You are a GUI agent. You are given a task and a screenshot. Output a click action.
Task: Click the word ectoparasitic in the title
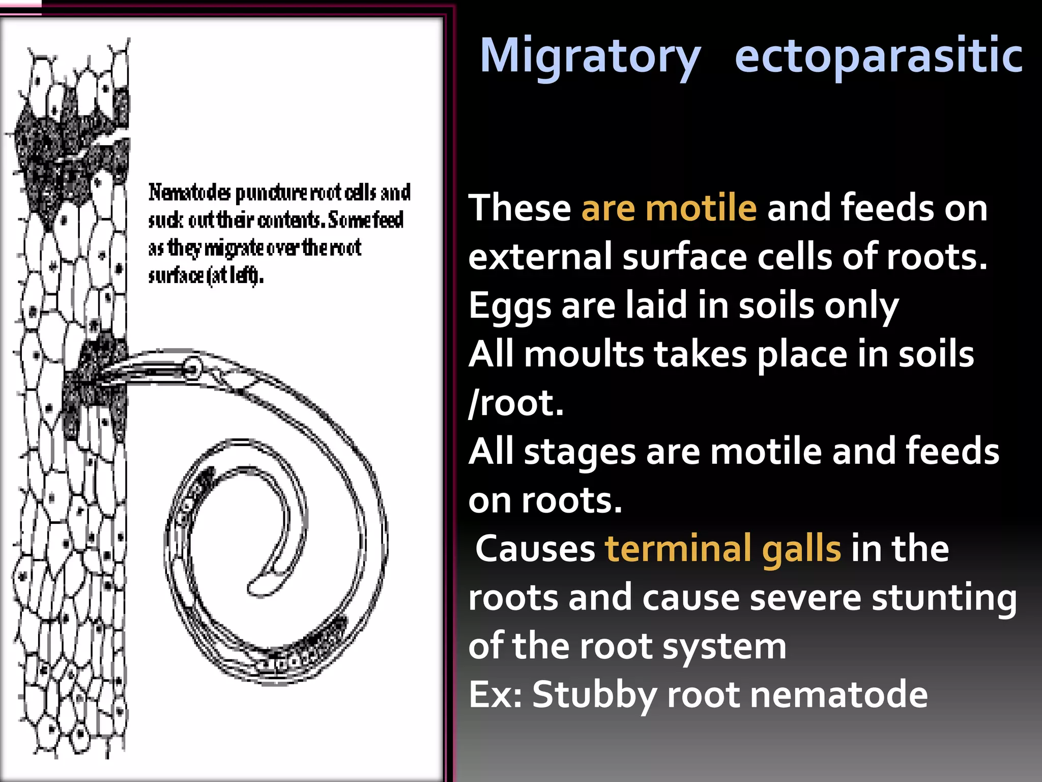click(879, 56)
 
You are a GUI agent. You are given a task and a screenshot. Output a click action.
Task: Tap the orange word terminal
click(678, 548)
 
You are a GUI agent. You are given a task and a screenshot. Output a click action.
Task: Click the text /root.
click(516, 403)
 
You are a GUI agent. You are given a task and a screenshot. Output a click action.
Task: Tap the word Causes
click(535, 548)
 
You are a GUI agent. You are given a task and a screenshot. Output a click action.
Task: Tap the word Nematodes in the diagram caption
click(189, 193)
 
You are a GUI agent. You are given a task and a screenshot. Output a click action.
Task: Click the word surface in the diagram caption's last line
click(176, 275)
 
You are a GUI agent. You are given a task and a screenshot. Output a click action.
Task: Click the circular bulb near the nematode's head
click(192, 368)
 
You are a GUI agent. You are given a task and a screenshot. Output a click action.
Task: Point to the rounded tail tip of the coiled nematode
click(257, 586)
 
